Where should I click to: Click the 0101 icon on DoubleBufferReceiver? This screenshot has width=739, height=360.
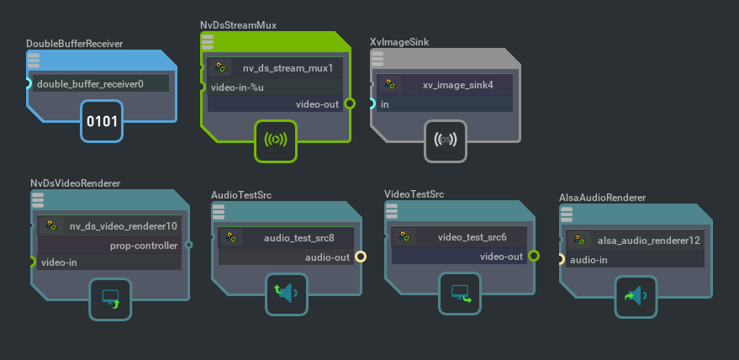pos(102,121)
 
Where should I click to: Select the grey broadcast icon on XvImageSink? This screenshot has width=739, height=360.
pos(446,140)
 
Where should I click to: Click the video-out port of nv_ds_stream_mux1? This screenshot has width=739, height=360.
pos(350,104)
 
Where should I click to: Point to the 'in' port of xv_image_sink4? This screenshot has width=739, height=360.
pos(372,104)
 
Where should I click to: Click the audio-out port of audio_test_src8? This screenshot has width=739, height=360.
pos(360,257)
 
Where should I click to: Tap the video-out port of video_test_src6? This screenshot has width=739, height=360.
pos(533,257)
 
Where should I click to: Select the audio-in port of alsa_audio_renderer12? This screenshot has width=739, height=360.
pos(562,260)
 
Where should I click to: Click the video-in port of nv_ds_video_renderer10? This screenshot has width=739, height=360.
pos(32,262)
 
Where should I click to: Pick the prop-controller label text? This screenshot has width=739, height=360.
pos(144,246)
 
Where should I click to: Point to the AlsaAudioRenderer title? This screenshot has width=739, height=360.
pos(602,198)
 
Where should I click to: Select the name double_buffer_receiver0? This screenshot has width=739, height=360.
pos(90,84)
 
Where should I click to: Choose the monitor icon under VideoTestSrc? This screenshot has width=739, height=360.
pos(460,293)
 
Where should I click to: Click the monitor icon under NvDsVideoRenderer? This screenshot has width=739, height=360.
pos(110,299)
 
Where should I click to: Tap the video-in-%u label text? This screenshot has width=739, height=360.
pos(237,87)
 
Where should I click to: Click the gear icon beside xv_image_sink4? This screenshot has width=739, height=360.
pos(390,85)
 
